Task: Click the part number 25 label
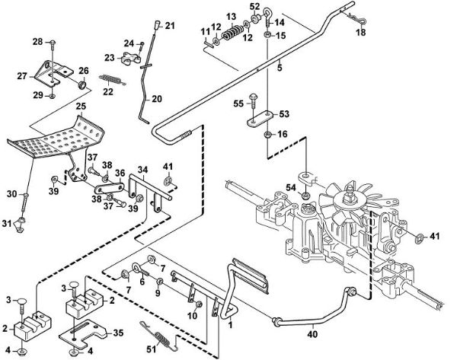pyautogui.click(x=81, y=107)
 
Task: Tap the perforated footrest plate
pyautogui.click(x=56, y=138)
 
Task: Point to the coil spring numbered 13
pyautogui.click(x=232, y=32)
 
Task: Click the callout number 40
pyautogui.click(x=312, y=334)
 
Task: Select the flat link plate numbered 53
pyautogui.click(x=260, y=119)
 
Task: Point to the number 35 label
pyautogui.click(x=118, y=333)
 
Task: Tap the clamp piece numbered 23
pyautogui.click(x=129, y=58)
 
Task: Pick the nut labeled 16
pyautogui.click(x=267, y=135)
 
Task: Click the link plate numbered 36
pyautogui.click(x=109, y=188)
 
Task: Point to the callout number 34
pyautogui.click(x=142, y=170)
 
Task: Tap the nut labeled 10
pyautogui.click(x=198, y=304)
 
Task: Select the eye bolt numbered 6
pyautogui.click(x=140, y=269)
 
